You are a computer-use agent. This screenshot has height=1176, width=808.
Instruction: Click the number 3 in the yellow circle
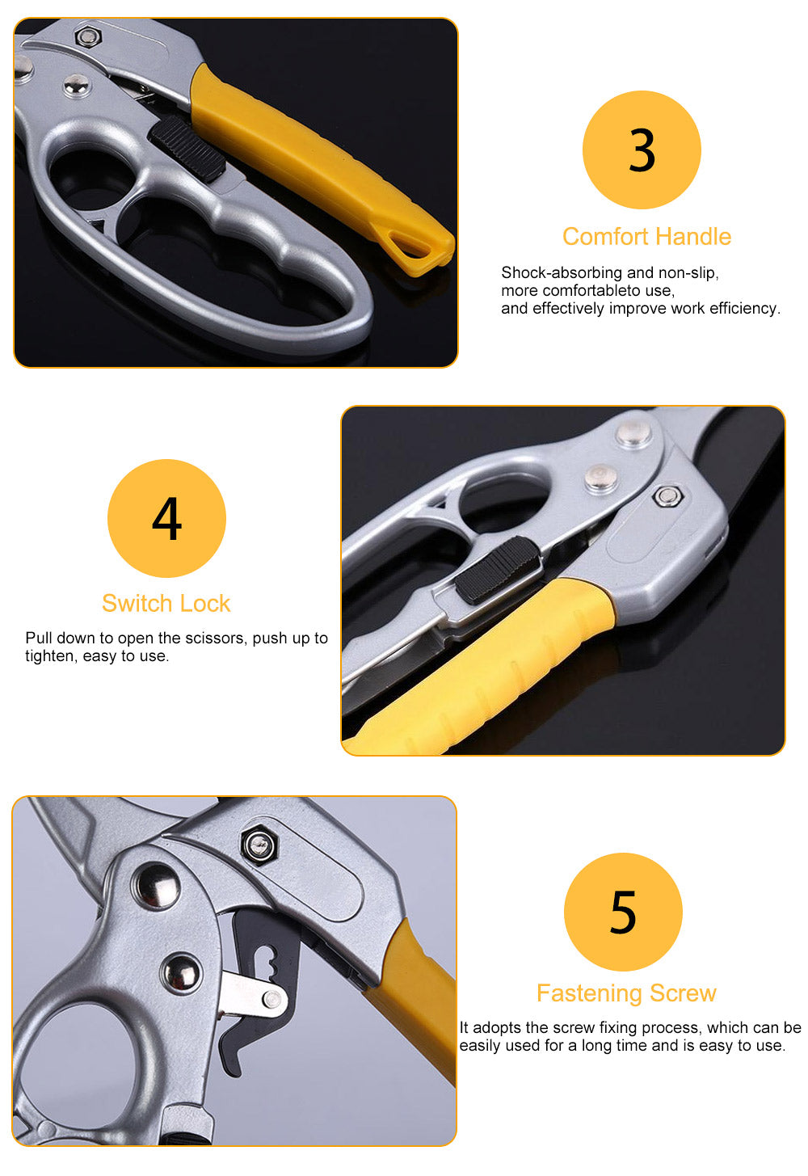coord(642,150)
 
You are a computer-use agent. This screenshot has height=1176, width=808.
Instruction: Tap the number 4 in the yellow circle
coord(166,519)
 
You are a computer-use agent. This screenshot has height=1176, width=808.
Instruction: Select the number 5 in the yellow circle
coord(623,912)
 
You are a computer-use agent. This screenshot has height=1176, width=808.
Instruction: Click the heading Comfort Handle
coord(646,237)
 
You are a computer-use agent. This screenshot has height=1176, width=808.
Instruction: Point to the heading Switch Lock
coord(166,603)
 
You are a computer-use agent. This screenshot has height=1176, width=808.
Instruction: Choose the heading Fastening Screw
coord(626,993)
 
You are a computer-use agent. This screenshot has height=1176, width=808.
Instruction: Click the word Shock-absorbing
coord(562,273)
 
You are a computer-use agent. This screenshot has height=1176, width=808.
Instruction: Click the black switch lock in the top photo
coord(187,149)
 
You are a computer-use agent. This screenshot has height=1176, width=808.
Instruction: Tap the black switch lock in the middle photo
coord(497,570)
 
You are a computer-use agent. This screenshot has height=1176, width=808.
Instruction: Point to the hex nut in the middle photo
coord(667,496)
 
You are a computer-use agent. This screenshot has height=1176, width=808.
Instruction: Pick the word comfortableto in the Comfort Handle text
coord(591,290)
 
